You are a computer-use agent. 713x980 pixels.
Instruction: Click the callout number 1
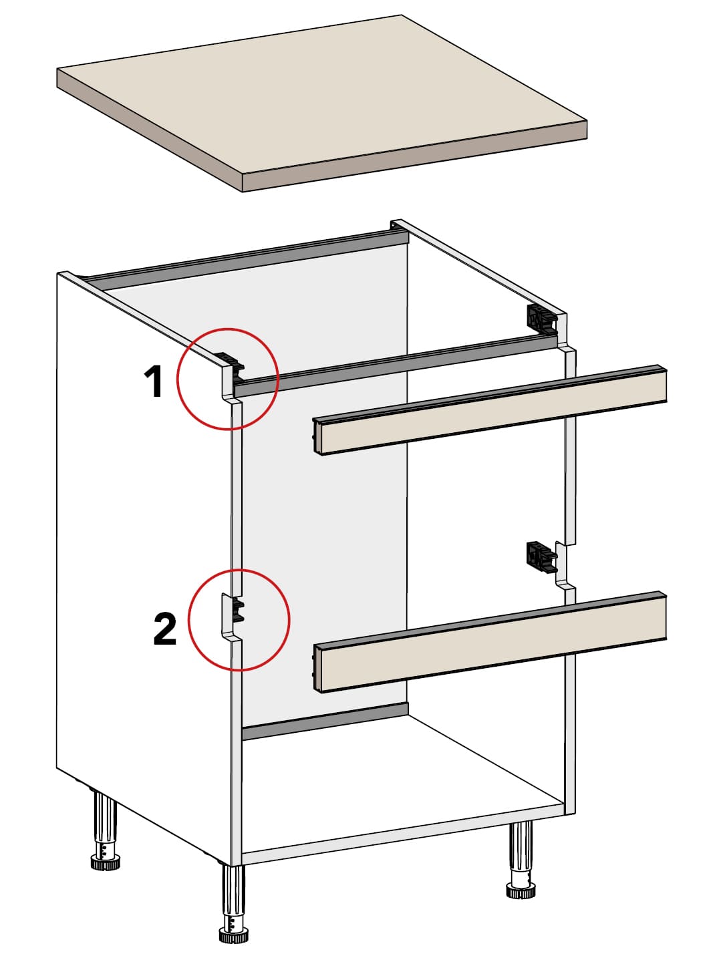coord(154,381)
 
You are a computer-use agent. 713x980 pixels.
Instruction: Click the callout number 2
coord(165,629)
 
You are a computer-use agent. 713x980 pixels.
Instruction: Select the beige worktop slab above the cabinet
coord(321,103)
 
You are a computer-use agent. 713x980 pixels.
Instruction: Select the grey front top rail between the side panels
coord(396,365)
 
